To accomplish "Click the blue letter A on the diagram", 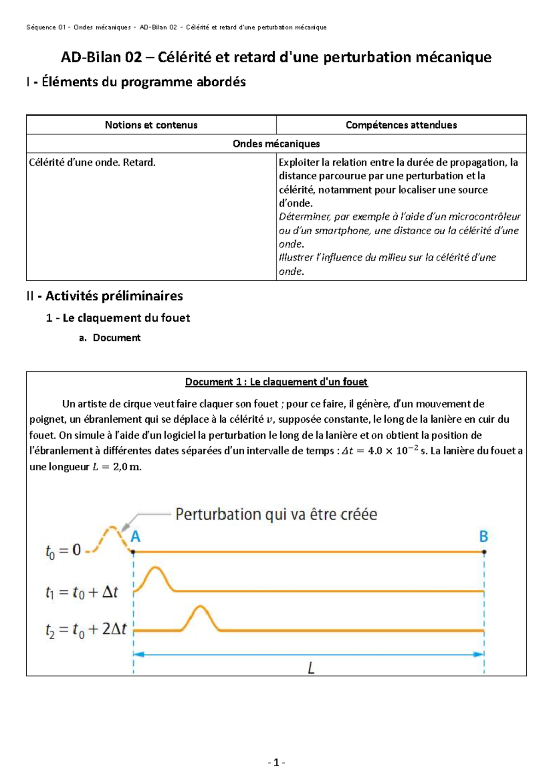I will (x=135, y=537).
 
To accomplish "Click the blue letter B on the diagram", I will (x=483, y=537).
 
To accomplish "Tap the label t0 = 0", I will (x=63, y=551).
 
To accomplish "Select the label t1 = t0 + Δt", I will (x=82, y=592).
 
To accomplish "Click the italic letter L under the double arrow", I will (x=311, y=668).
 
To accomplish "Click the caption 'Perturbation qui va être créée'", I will (x=276, y=515).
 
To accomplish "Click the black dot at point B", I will (x=484, y=551).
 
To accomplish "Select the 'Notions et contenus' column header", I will (x=151, y=125).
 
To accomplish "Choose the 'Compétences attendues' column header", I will (x=401, y=125).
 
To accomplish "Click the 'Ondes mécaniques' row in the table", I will (x=276, y=144).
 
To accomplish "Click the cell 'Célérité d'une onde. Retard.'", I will (x=92, y=163).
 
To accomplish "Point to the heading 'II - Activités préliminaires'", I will (x=105, y=296).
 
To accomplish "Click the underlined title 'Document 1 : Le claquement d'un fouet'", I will (x=276, y=382).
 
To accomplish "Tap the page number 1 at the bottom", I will (x=276, y=763).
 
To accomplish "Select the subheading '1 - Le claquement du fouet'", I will (x=118, y=318).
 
